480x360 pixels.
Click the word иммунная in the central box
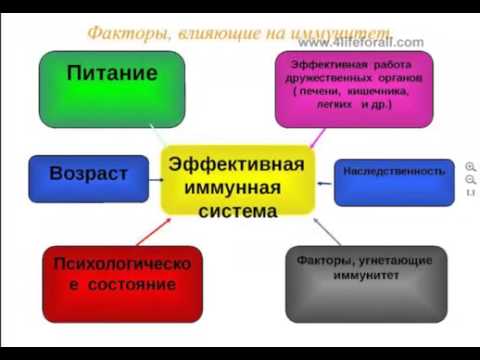[231, 187]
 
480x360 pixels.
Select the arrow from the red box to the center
[152, 231]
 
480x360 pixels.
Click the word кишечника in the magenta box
[369, 90]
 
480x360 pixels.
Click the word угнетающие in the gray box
[393, 260]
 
